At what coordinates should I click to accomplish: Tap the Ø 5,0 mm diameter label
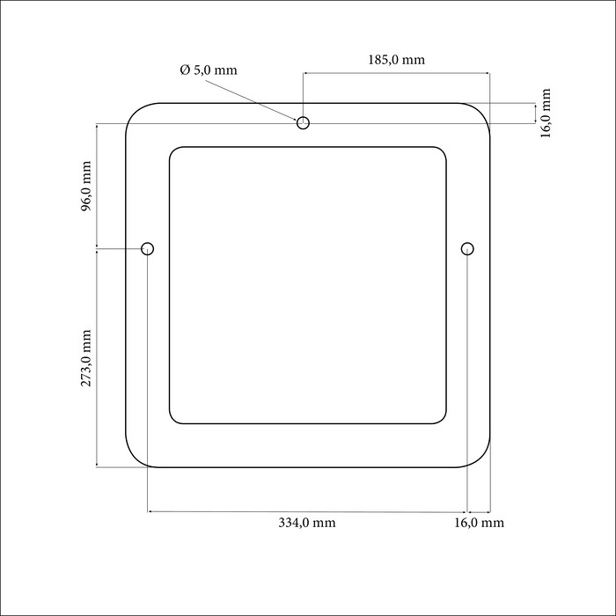pyautogui.click(x=209, y=70)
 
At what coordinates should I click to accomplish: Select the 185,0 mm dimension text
pyautogui.click(x=396, y=60)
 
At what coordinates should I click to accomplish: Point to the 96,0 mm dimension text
pyautogui.click(x=85, y=187)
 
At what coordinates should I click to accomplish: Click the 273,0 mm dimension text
pyautogui.click(x=85, y=358)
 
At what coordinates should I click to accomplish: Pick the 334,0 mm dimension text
pyautogui.click(x=307, y=523)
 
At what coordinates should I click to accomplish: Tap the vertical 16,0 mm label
pyautogui.click(x=546, y=114)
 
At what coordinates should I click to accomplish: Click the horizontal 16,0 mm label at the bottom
pyautogui.click(x=480, y=523)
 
